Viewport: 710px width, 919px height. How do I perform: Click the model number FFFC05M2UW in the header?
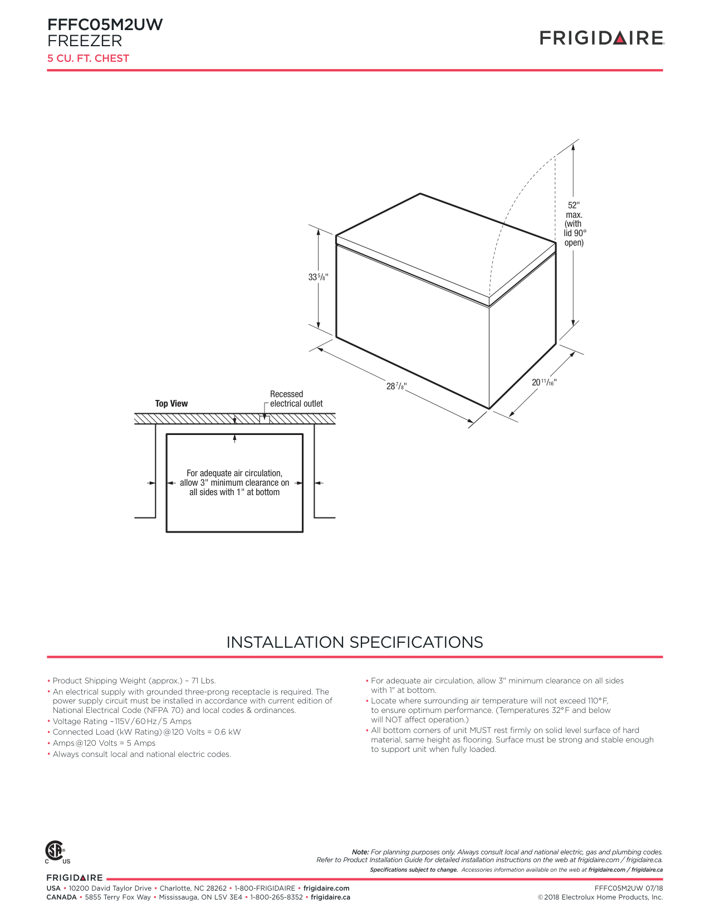click(x=105, y=25)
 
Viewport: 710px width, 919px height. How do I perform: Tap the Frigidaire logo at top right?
click(x=601, y=38)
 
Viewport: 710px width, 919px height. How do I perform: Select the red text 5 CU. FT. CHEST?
click(x=88, y=58)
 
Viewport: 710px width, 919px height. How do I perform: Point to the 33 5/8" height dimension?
click(x=318, y=277)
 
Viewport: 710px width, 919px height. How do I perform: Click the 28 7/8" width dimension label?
click(x=396, y=386)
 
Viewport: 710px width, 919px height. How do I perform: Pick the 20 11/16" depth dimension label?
click(x=543, y=382)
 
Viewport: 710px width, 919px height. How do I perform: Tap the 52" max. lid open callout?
click(x=574, y=224)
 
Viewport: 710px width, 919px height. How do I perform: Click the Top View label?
click(x=171, y=404)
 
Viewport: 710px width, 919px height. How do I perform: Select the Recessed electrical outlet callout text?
click(x=296, y=399)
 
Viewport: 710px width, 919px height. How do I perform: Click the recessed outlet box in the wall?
click(x=264, y=419)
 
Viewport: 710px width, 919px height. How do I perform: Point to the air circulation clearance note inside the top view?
click(x=234, y=482)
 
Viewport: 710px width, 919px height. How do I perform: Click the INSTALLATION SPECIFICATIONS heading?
click(x=355, y=642)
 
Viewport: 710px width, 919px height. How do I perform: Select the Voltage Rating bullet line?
click(x=122, y=721)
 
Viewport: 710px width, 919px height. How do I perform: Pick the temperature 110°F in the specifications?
click(x=598, y=701)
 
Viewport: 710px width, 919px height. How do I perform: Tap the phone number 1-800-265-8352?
click(x=276, y=897)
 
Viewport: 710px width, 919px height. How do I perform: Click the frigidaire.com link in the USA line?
click(x=326, y=888)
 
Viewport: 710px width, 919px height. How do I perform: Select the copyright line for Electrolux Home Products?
click(x=600, y=897)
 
